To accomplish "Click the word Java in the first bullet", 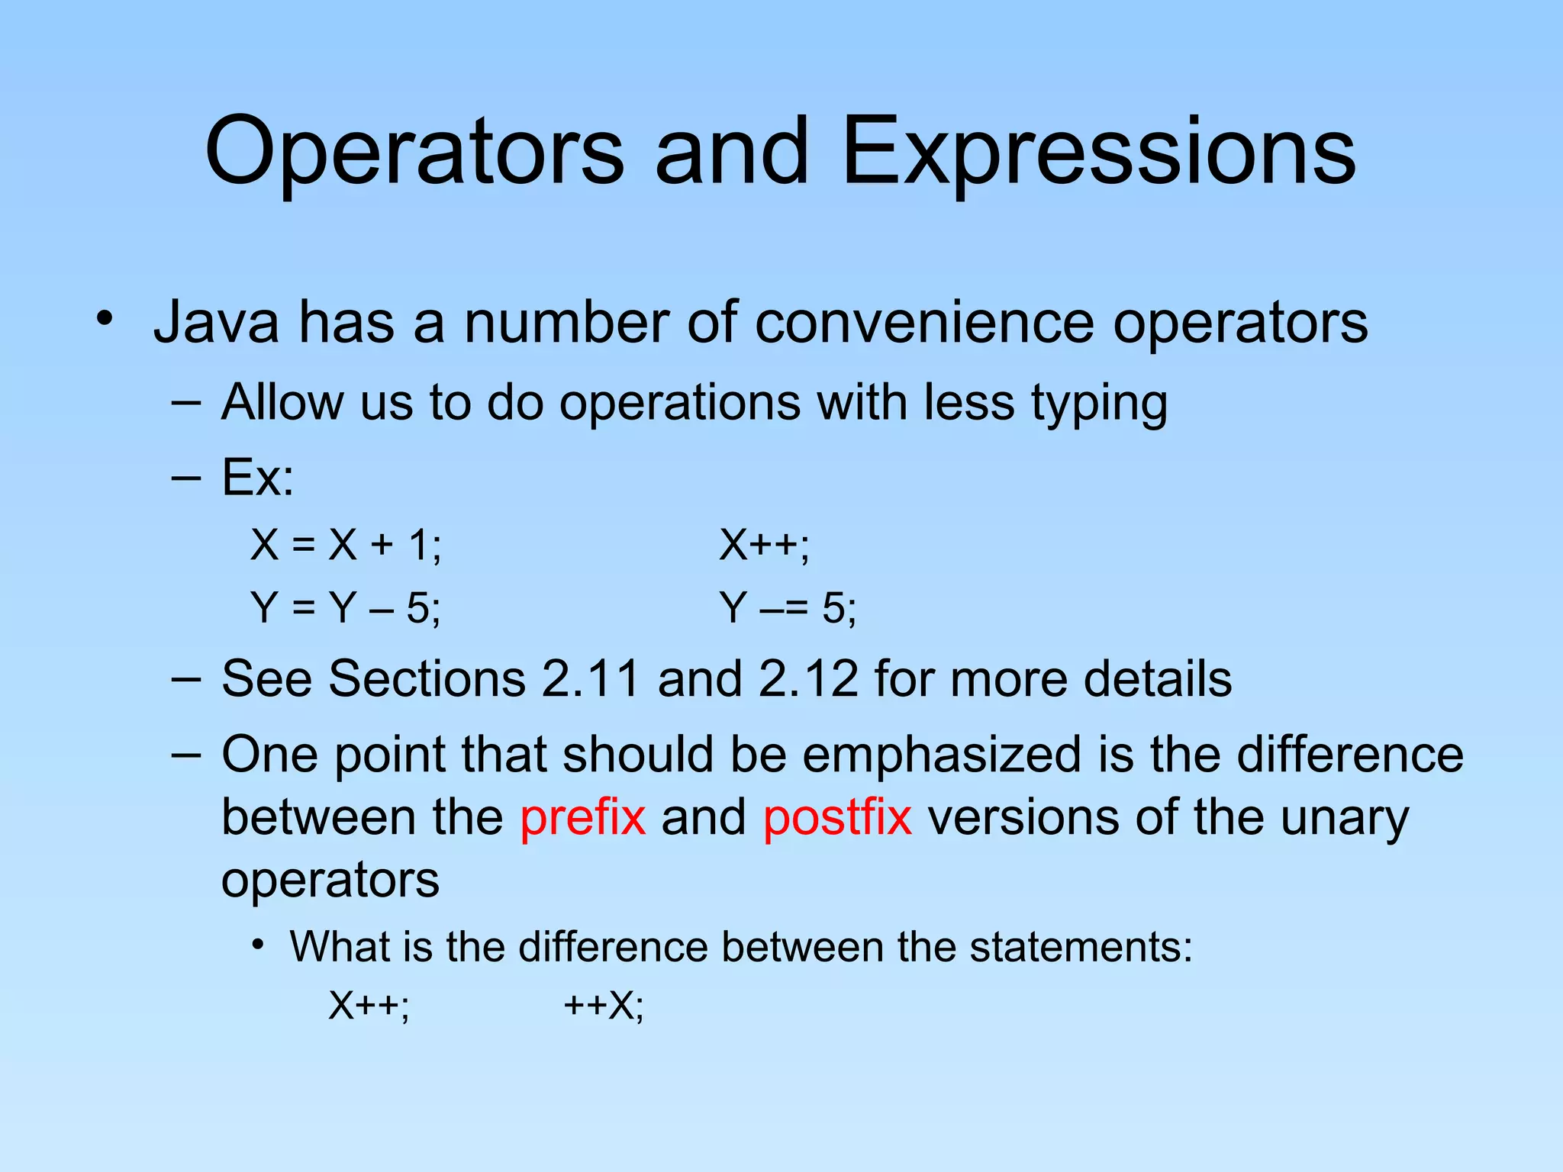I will (x=217, y=323).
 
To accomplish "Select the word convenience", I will (x=924, y=323).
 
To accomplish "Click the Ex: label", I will (x=257, y=478).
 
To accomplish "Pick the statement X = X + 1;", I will (x=346, y=546).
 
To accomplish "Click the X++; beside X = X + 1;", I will (x=764, y=546).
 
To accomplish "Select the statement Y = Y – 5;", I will (x=346, y=608).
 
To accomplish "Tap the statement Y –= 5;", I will (x=788, y=608).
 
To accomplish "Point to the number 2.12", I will (x=808, y=678).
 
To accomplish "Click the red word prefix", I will (x=583, y=817).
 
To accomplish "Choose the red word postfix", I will (x=837, y=817).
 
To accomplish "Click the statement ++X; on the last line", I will (x=604, y=1005).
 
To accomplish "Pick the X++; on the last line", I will (x=369, y=1005).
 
